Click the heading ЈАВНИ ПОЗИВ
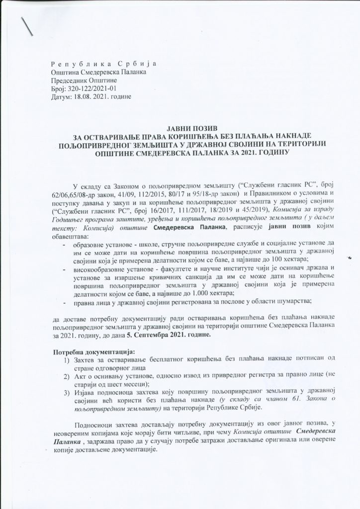point(181,129)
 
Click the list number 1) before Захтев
point(66,360)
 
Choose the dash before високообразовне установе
point(64,269)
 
